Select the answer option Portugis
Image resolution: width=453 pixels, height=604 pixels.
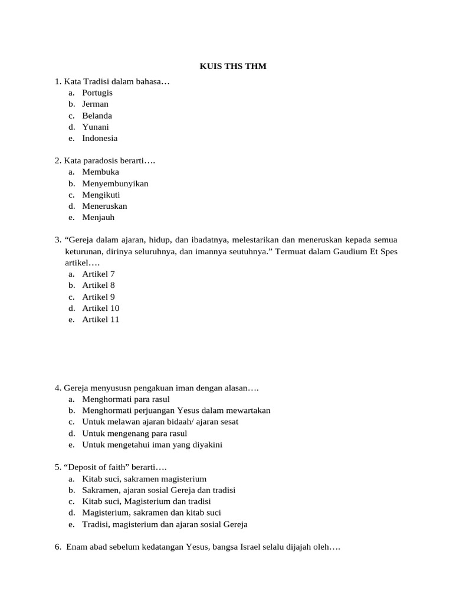click(x=97, y=93)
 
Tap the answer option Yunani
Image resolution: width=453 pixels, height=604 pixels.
click(x=96, y=127)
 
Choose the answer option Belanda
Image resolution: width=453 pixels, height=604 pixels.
click(x=97, y=116)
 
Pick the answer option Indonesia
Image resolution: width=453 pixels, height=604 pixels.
click(x=100, y=138)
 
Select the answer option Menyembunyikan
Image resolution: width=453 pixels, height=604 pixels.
click(x=115, y=183)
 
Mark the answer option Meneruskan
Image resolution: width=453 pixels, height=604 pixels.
click(x=104, y=206)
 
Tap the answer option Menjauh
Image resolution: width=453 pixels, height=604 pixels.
click(x=99, y=217)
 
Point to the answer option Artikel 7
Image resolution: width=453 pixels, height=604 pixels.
click(x=99, y=274)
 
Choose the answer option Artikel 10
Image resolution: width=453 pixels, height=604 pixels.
click(x=101, y=308)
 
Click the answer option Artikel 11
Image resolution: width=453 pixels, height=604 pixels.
click(x=101, y=319)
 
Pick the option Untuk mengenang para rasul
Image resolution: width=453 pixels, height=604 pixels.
click(x=134, y=434)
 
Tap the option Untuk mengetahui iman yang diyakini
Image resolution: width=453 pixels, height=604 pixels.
click(x=152, y=445)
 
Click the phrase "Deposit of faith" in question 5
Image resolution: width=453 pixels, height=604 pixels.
click(x=95, y=468)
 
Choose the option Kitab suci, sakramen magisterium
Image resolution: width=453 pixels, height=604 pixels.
click(x=145, y=479)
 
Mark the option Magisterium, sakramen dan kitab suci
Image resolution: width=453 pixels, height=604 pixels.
click(x=152, y=513)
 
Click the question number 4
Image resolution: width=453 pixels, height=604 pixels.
click(x=58, y=388)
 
